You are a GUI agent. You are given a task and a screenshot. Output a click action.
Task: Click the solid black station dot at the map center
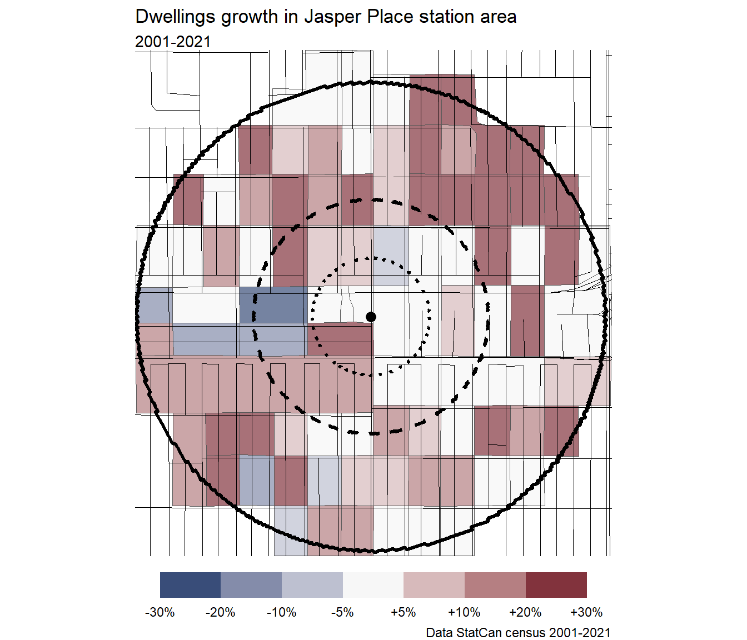[x=371, y=317]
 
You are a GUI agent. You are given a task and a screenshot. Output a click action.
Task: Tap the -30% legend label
[x=160, y=612]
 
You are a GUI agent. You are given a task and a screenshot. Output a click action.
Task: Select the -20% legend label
[x=221, y=612]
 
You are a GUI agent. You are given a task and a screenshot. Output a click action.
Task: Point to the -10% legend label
[x=282, y=612]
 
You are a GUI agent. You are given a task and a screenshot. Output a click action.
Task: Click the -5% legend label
[x=342, y=612]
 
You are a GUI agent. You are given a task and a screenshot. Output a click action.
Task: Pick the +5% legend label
[x=404, y=612]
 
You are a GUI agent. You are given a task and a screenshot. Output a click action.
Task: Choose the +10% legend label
[x=464, y=612]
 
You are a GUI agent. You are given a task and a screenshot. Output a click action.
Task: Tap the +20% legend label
[x=525, y=612]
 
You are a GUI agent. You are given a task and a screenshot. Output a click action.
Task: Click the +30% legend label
[x=586, y=612]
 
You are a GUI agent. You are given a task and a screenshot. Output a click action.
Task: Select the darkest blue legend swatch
[x=190, y=585]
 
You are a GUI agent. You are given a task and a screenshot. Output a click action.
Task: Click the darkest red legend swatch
[x=556, y=585]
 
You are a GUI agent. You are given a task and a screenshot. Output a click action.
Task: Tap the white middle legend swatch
[x=373, y=585]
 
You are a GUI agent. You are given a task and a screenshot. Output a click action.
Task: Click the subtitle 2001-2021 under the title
[x=173, y=42]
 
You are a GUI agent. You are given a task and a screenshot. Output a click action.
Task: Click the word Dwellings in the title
[x=175, y=17]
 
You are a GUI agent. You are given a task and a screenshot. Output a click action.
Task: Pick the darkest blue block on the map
[x=272, y=305]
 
